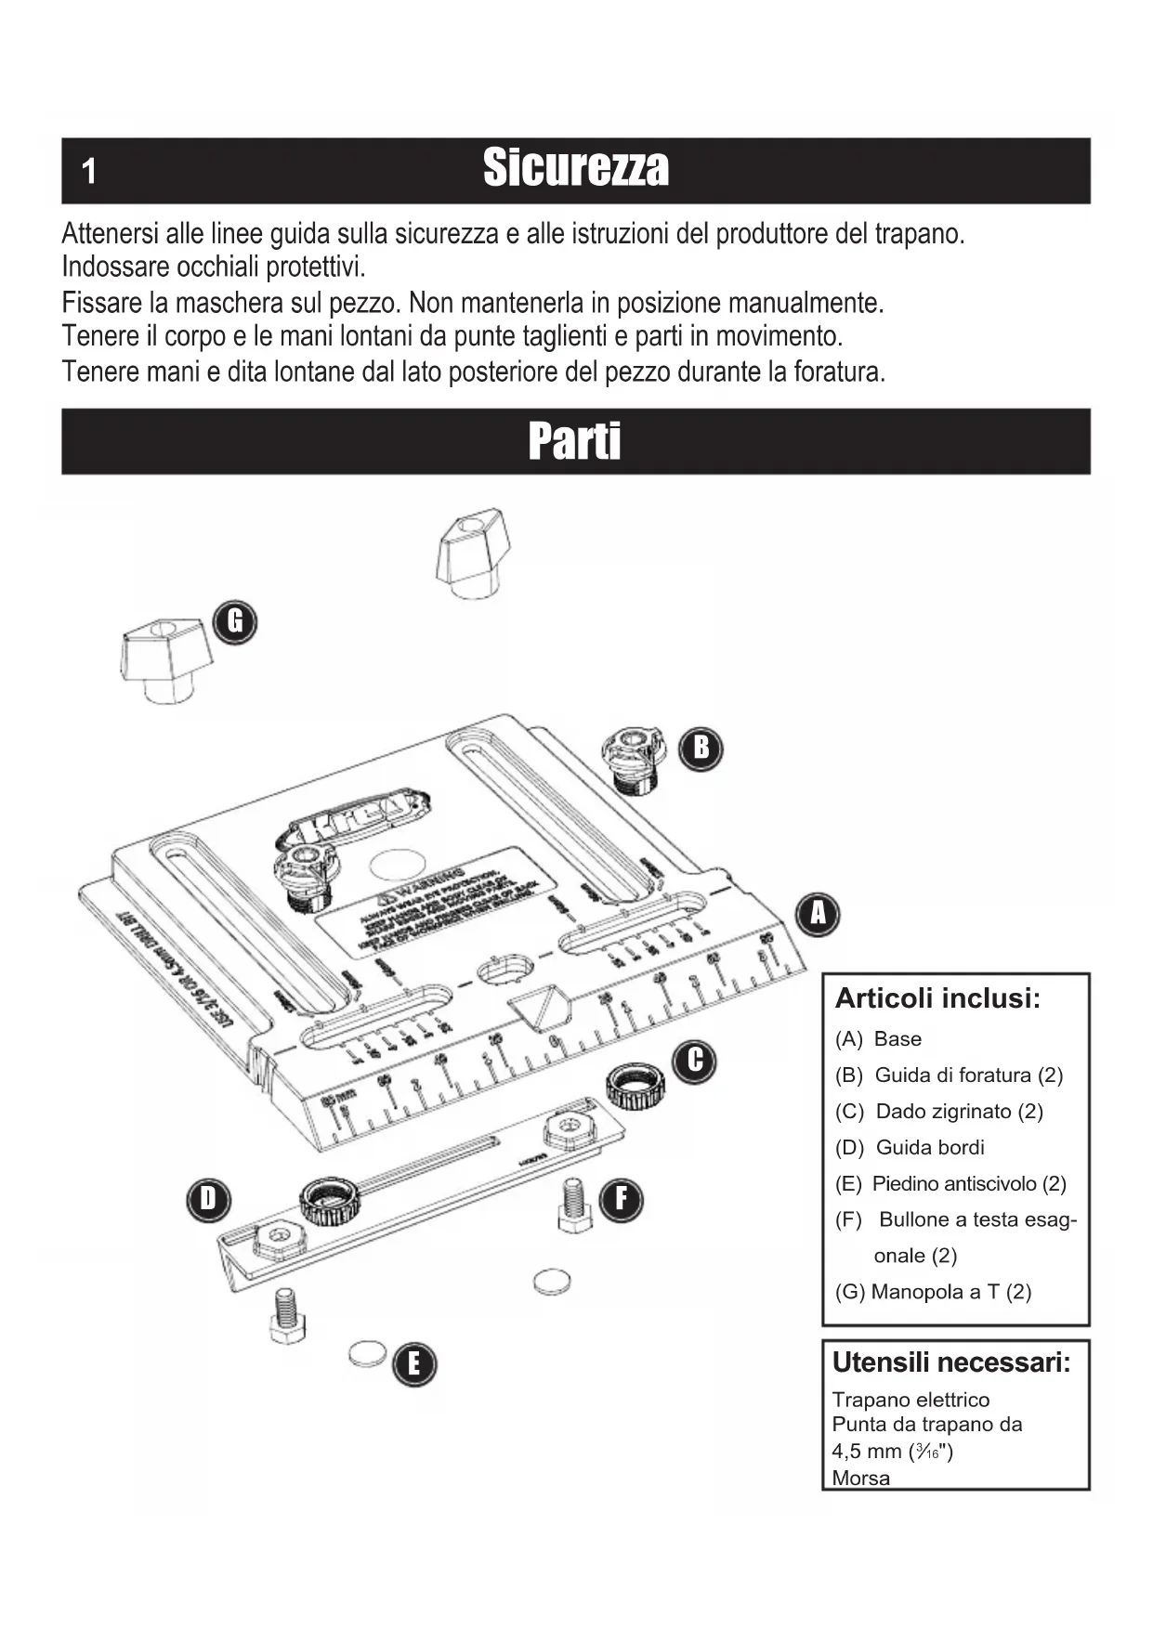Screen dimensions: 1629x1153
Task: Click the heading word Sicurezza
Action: (575, 168)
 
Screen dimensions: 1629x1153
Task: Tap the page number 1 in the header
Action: (89, 171)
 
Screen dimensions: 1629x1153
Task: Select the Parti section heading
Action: (574, 441)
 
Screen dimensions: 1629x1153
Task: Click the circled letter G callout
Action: (235, 621)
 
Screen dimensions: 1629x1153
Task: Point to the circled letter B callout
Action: (701, 747)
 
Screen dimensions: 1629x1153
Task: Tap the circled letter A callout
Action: (818, 914)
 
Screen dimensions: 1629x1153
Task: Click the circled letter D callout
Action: (208, 1199)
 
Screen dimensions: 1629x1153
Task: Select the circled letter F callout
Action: (621, 1199)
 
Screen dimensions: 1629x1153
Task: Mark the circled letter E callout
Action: (413, 1363)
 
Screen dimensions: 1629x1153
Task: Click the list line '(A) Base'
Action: (878, 1039)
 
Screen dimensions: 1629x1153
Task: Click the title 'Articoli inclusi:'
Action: (937, 998)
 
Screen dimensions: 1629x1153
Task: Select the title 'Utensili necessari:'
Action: (951, 1362)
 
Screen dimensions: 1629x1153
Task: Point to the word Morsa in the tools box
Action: (860, 1478)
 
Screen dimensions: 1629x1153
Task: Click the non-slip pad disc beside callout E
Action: (368, 1353)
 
